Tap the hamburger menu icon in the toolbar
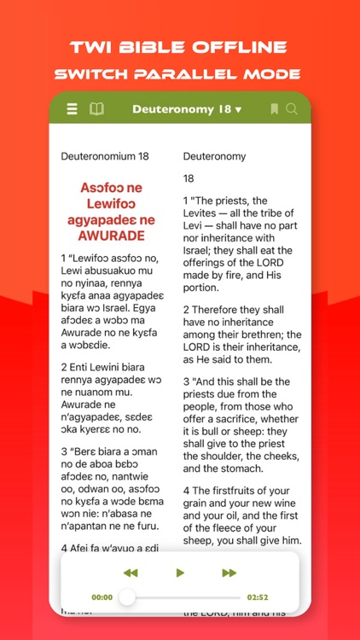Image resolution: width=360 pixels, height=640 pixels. tap(72, 109)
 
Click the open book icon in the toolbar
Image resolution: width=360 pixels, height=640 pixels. tap(96, 109)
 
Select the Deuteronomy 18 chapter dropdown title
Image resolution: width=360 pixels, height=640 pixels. tap(187, 109)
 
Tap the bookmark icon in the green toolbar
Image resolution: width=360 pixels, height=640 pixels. tap(274, 109)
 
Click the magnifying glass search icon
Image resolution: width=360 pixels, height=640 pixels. tap(292, 109)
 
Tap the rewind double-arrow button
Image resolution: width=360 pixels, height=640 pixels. tap(131, 573)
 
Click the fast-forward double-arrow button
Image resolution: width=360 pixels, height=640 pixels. tap(229, 573)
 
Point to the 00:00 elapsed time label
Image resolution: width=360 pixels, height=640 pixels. tap(102, 597)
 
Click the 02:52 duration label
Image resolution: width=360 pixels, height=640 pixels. tap(258, 597)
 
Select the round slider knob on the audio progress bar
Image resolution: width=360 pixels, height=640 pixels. tap(127, 597)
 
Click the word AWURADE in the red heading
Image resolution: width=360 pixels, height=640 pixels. tap(113, 236)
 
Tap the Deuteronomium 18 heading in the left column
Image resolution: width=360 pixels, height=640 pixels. tap(101, 156)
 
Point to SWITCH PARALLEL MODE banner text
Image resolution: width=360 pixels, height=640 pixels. tap(180, 73)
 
